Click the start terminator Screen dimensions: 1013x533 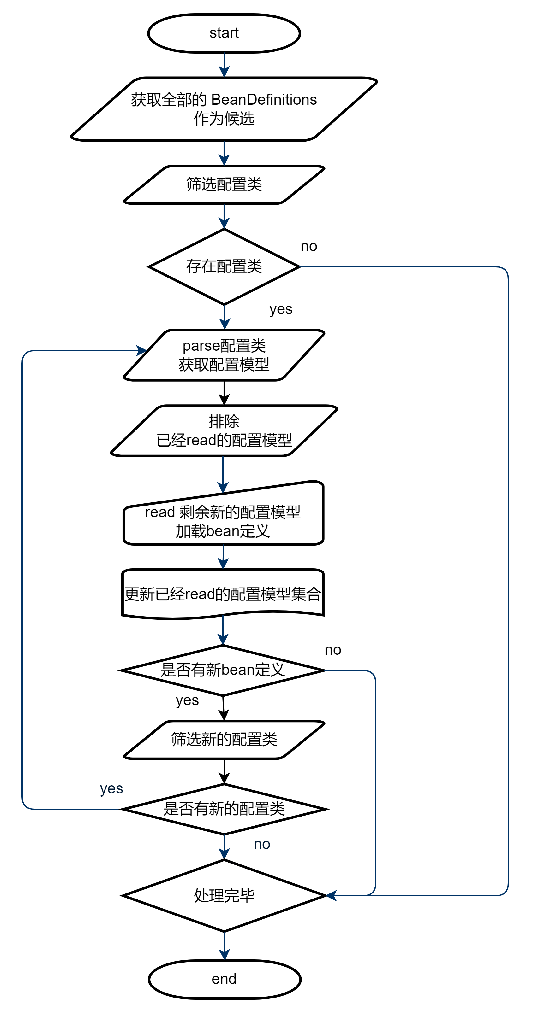pos(224,33)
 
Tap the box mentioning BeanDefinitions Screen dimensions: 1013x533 pos(224,109)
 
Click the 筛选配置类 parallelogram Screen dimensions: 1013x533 pos(224,184)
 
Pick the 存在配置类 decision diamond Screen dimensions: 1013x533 pos(224,266)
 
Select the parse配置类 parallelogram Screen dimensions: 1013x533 pos(224,355)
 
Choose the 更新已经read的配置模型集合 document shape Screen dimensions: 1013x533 pos(223,593)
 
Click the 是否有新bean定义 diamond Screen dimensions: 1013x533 pos(223,670)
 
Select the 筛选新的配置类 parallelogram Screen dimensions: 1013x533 pos(224,739)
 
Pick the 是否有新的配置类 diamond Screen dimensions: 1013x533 pos(224,809)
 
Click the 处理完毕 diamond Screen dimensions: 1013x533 pos(224,895)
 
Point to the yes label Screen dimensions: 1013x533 pos(111,788)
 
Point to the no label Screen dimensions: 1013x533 pos(262,844)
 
